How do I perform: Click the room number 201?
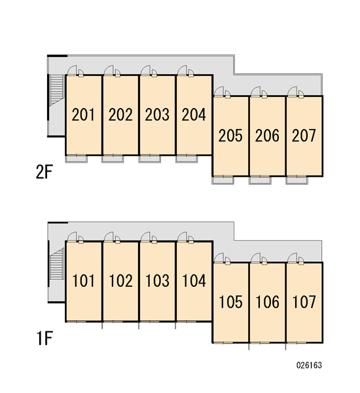click(x=83, y=115)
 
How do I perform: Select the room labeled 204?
click(x=194, y=115)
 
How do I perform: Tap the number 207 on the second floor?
click(x=304, y=136)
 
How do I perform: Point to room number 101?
click(x=83, y=281)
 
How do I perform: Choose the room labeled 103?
click(x=157, y=281)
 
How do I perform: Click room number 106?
click(x=267, y=302)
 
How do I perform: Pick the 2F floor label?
click(x=44, y=172)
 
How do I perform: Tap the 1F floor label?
click(x=45, y=338)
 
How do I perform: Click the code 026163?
click(x=309, y=365)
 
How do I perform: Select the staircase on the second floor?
click(x=56, y=90)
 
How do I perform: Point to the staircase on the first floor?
click(x=56, y=264)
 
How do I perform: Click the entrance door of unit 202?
click(x=109, y=71)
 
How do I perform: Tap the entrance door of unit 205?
click(x=219, y=92)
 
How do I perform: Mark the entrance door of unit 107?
click(x=293, y=258)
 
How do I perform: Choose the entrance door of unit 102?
click(x=109, y=237)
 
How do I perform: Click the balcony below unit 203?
click(x=149, y=159)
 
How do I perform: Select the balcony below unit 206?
click(x=260, y=180)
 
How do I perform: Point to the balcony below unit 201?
click(x=77, y=159)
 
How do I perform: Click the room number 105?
click(x=231, y=302)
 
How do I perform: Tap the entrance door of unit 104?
click(x=183, y=237)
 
